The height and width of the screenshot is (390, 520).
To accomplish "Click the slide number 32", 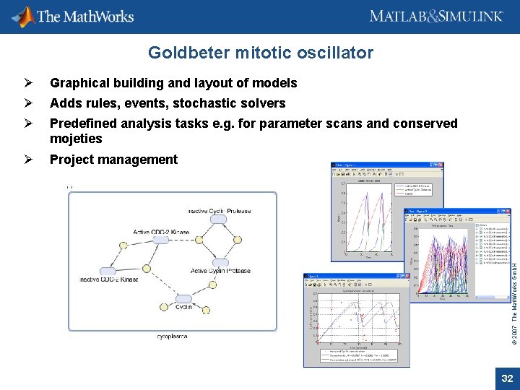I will click(x=507, y=378).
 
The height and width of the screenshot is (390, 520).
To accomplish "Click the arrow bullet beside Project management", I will click(x=27, y=160).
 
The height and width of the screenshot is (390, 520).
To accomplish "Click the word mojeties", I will click(x=76, y=139).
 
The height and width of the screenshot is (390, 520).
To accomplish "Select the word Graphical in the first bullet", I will click(x=79, y=83).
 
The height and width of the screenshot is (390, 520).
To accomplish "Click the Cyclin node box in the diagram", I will click(x=184, y=298).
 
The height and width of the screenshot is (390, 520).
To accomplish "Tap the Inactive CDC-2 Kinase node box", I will click(x=108, y=270).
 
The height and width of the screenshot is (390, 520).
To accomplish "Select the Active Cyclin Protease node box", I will click(x=222, y=262).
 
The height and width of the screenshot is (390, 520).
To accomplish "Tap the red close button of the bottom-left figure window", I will click(x=406, y=277).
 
